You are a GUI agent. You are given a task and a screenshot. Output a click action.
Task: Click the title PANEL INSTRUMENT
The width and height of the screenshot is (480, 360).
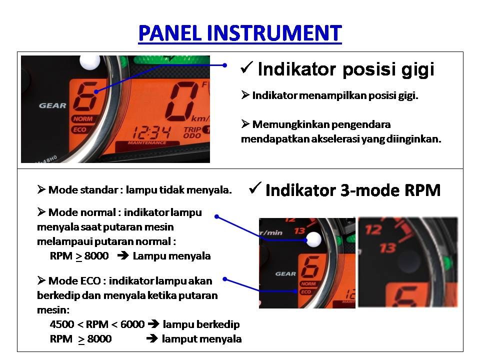click(240, 33)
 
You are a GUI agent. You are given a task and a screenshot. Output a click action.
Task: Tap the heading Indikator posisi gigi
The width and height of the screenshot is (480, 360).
click(346, 69)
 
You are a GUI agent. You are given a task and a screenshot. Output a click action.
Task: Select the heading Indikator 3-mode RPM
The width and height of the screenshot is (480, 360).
click(353, 190)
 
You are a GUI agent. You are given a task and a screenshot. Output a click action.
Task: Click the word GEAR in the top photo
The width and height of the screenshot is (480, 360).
click(52, 105)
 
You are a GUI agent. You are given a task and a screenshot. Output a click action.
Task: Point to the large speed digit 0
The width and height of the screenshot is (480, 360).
click(182, 101)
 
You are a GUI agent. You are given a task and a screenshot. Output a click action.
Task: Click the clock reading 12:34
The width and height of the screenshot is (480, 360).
click(151, 132)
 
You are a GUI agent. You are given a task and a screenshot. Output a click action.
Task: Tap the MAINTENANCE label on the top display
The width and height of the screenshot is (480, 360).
click(147, 142)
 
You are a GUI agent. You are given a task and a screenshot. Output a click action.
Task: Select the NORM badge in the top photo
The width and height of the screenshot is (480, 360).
click(82, 119)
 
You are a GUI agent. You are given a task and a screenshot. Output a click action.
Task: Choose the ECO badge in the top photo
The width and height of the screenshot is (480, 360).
click(79, 129)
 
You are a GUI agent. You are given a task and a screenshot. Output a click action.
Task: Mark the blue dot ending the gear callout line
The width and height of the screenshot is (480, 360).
click(224, 65)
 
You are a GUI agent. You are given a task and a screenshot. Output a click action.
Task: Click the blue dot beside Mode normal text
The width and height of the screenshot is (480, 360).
click(216, 216)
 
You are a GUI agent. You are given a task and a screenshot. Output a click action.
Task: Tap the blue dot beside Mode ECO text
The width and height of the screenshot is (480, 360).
click(225, 279)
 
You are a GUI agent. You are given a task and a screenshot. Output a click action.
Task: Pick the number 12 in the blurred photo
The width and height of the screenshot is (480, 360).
click(373, 230)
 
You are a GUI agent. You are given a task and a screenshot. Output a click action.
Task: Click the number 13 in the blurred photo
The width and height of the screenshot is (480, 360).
click(387, 248)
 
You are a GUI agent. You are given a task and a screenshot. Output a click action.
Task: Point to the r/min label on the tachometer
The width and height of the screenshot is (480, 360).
click(271, 233)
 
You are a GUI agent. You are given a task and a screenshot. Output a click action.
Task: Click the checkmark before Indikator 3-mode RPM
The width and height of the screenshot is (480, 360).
click(255, 187)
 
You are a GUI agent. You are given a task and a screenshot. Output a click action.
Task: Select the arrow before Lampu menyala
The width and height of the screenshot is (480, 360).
click(123, 255)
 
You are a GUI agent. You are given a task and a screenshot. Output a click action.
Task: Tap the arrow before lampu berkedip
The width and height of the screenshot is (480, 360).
click(153, 323)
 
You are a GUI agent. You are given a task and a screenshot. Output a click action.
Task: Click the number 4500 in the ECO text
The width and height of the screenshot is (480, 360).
click(62, 324)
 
